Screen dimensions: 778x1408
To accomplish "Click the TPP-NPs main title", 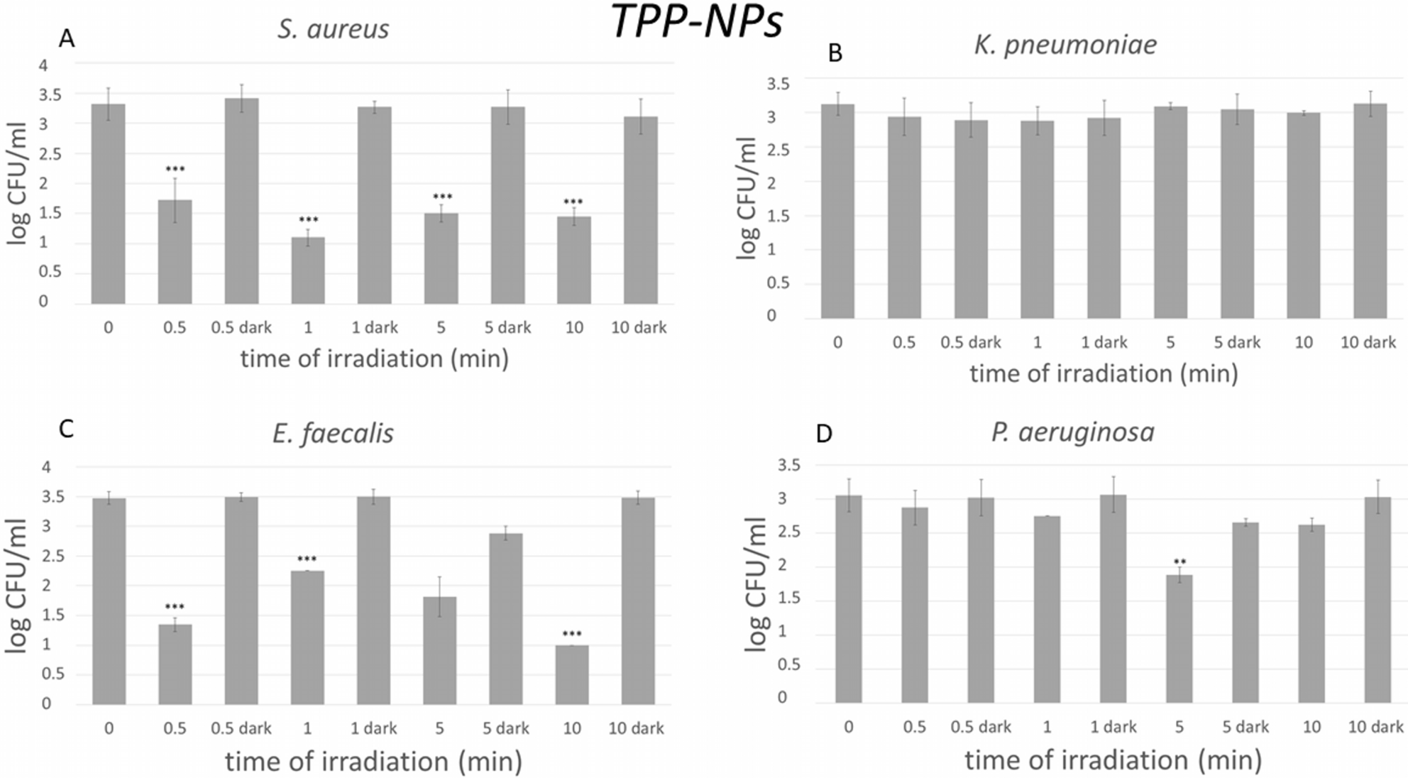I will point(697,21).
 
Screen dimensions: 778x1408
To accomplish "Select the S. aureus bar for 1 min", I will point(308,270).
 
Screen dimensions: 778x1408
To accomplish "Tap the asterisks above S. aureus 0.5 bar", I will point(175,169).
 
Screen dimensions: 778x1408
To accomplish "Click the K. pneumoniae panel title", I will point(1065,45).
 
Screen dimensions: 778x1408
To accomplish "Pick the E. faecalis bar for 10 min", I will point(572,674).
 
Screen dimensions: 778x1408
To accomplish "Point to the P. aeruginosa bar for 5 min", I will point(1179,639).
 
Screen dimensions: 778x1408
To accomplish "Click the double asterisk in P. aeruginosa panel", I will point(1179,563).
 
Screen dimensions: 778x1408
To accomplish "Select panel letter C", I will point(66,429).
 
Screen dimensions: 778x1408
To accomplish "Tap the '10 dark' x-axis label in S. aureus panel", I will point(639,327).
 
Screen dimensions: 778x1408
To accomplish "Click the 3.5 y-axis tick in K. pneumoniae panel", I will point(778,84).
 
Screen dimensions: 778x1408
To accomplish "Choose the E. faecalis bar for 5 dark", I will point(506,618).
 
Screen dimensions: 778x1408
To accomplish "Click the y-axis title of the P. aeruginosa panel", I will point(757,583).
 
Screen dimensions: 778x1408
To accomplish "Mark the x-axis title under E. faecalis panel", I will point(374,762).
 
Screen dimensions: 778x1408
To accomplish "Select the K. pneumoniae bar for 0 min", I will point(837,211).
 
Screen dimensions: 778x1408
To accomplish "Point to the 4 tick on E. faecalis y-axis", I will point(46,467).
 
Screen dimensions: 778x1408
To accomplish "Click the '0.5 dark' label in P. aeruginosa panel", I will point(981,727).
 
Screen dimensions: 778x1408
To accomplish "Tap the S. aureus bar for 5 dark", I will point(508,205).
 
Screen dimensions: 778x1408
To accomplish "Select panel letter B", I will point(835,53).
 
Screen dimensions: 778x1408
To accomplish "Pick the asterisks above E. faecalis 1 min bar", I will point(307,559).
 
